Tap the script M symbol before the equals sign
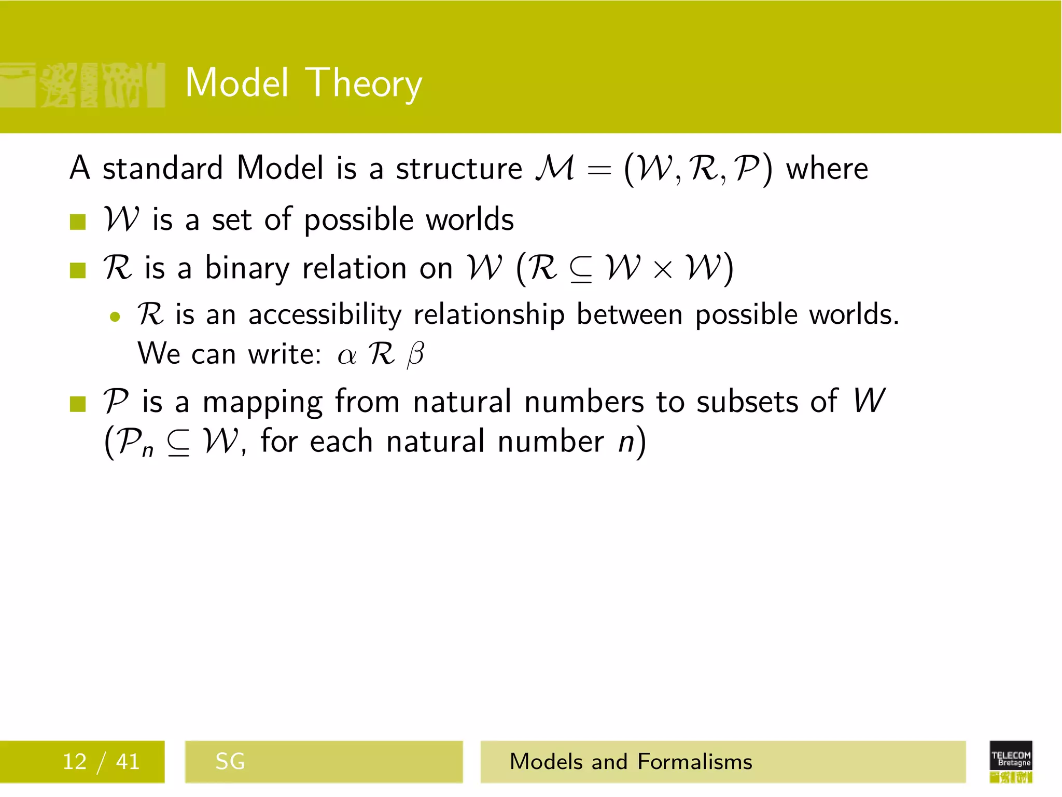coord(555,169)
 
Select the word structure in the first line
coord(459,169)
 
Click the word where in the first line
coord(827,169)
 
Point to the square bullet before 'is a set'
coord(78,222)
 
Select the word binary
coord(247,269)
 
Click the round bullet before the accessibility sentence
coord(115,317)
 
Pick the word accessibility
coord(325,315)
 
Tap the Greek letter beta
coord(415,355)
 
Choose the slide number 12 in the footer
coord(75,762)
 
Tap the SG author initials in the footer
coord(230,762)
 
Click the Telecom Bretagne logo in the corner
coord(1011,761)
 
